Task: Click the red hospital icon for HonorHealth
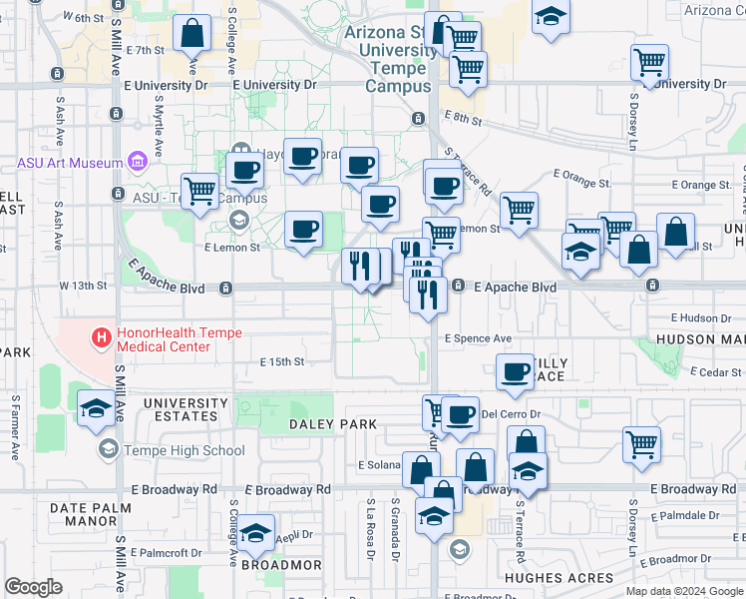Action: coord(101,338)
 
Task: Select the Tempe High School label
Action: coord(185,450)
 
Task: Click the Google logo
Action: coord(33,587)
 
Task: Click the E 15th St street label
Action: coord(281,361)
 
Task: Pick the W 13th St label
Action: coord(83,286)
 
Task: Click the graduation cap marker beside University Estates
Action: coord(96,407)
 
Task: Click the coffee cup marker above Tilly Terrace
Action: coord(515,371)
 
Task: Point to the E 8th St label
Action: coord(464,119)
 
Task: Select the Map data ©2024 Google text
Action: coord(683,591)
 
